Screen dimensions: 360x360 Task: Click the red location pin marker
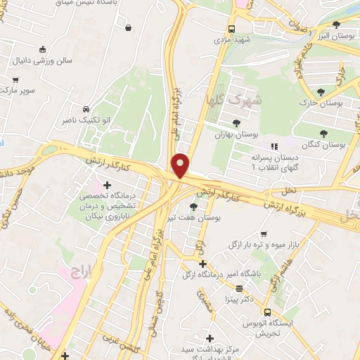pyautogui.click(x=181, y=165)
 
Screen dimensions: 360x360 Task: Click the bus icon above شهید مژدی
pyautogui.click(x=232, y=30)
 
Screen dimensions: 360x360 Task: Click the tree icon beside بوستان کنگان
pyautogui.click(x=323, y=133)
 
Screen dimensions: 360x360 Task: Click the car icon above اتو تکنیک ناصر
pyautogui.click(x=85, y=110)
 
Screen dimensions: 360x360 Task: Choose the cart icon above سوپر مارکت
pyautogui.click(x=15, y=80)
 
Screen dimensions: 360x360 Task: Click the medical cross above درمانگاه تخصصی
pyautogui.click(x=106, y=185)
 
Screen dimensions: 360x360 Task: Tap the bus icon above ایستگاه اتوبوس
pyautogui.click(x=267, y=311)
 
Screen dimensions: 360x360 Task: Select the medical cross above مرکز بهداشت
pyautogui.click(x=209, y=339)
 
